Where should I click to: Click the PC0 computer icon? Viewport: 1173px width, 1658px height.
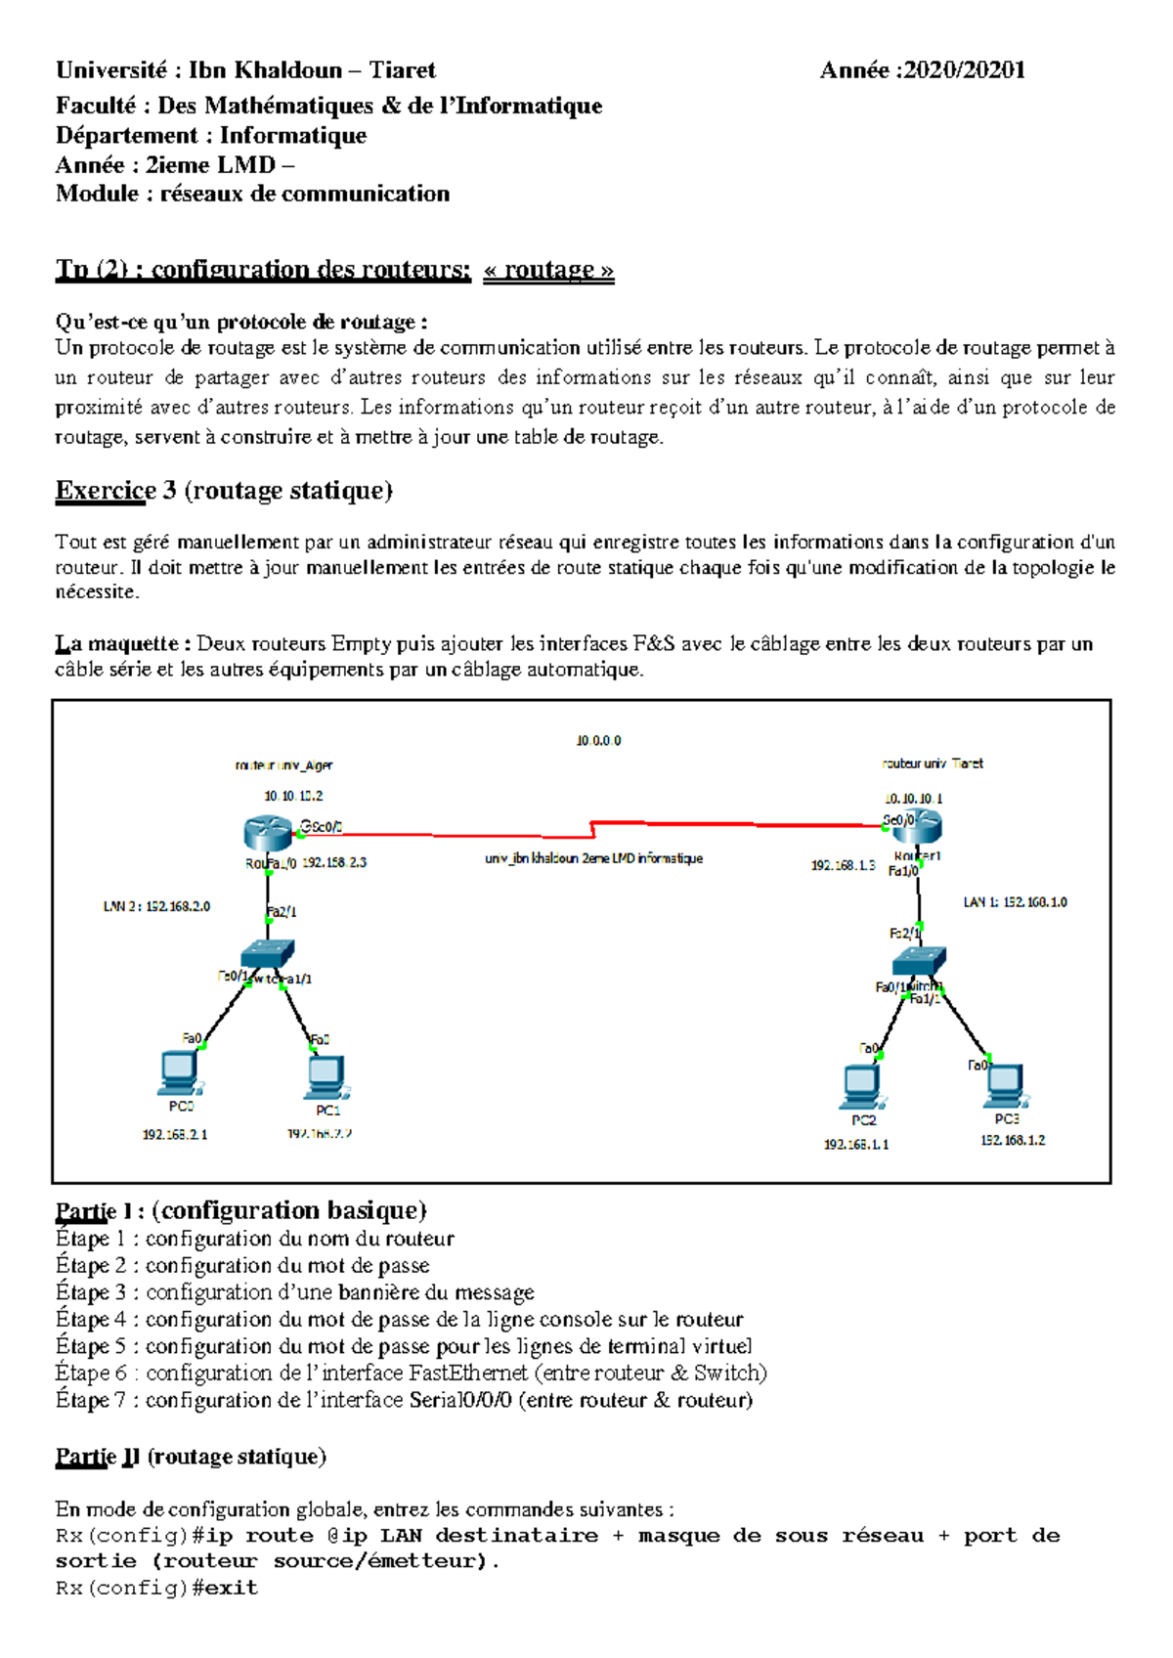(x=180, y=1072)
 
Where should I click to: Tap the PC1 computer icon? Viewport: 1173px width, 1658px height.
(x=326, y=1077)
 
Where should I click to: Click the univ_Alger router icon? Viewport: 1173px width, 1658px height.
(x=269, y=833)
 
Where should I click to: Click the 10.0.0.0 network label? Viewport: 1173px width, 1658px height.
(x=598, y=741)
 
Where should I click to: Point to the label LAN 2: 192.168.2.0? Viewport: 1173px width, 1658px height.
(x=156, y=906)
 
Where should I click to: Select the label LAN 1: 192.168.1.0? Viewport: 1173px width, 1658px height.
(x=1015, y=901)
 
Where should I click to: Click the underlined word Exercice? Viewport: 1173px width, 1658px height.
(x=106, y=491)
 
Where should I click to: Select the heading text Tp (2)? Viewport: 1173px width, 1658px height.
(x=92, y=270)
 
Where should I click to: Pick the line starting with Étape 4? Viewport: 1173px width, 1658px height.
(x=399, y=1320)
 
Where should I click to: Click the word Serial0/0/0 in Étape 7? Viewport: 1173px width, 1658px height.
(x=460, y=1400)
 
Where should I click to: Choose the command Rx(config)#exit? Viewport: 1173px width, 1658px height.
(x=156, y=1588)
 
